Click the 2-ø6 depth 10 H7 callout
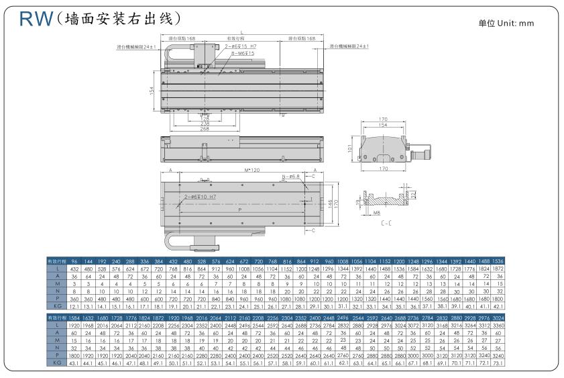[x=200, y=197]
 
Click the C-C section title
[x=387, y=222]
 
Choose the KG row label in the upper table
[x=57, y=305]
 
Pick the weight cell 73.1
[x=498, y=363]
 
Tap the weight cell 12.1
[x=74, y=305]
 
